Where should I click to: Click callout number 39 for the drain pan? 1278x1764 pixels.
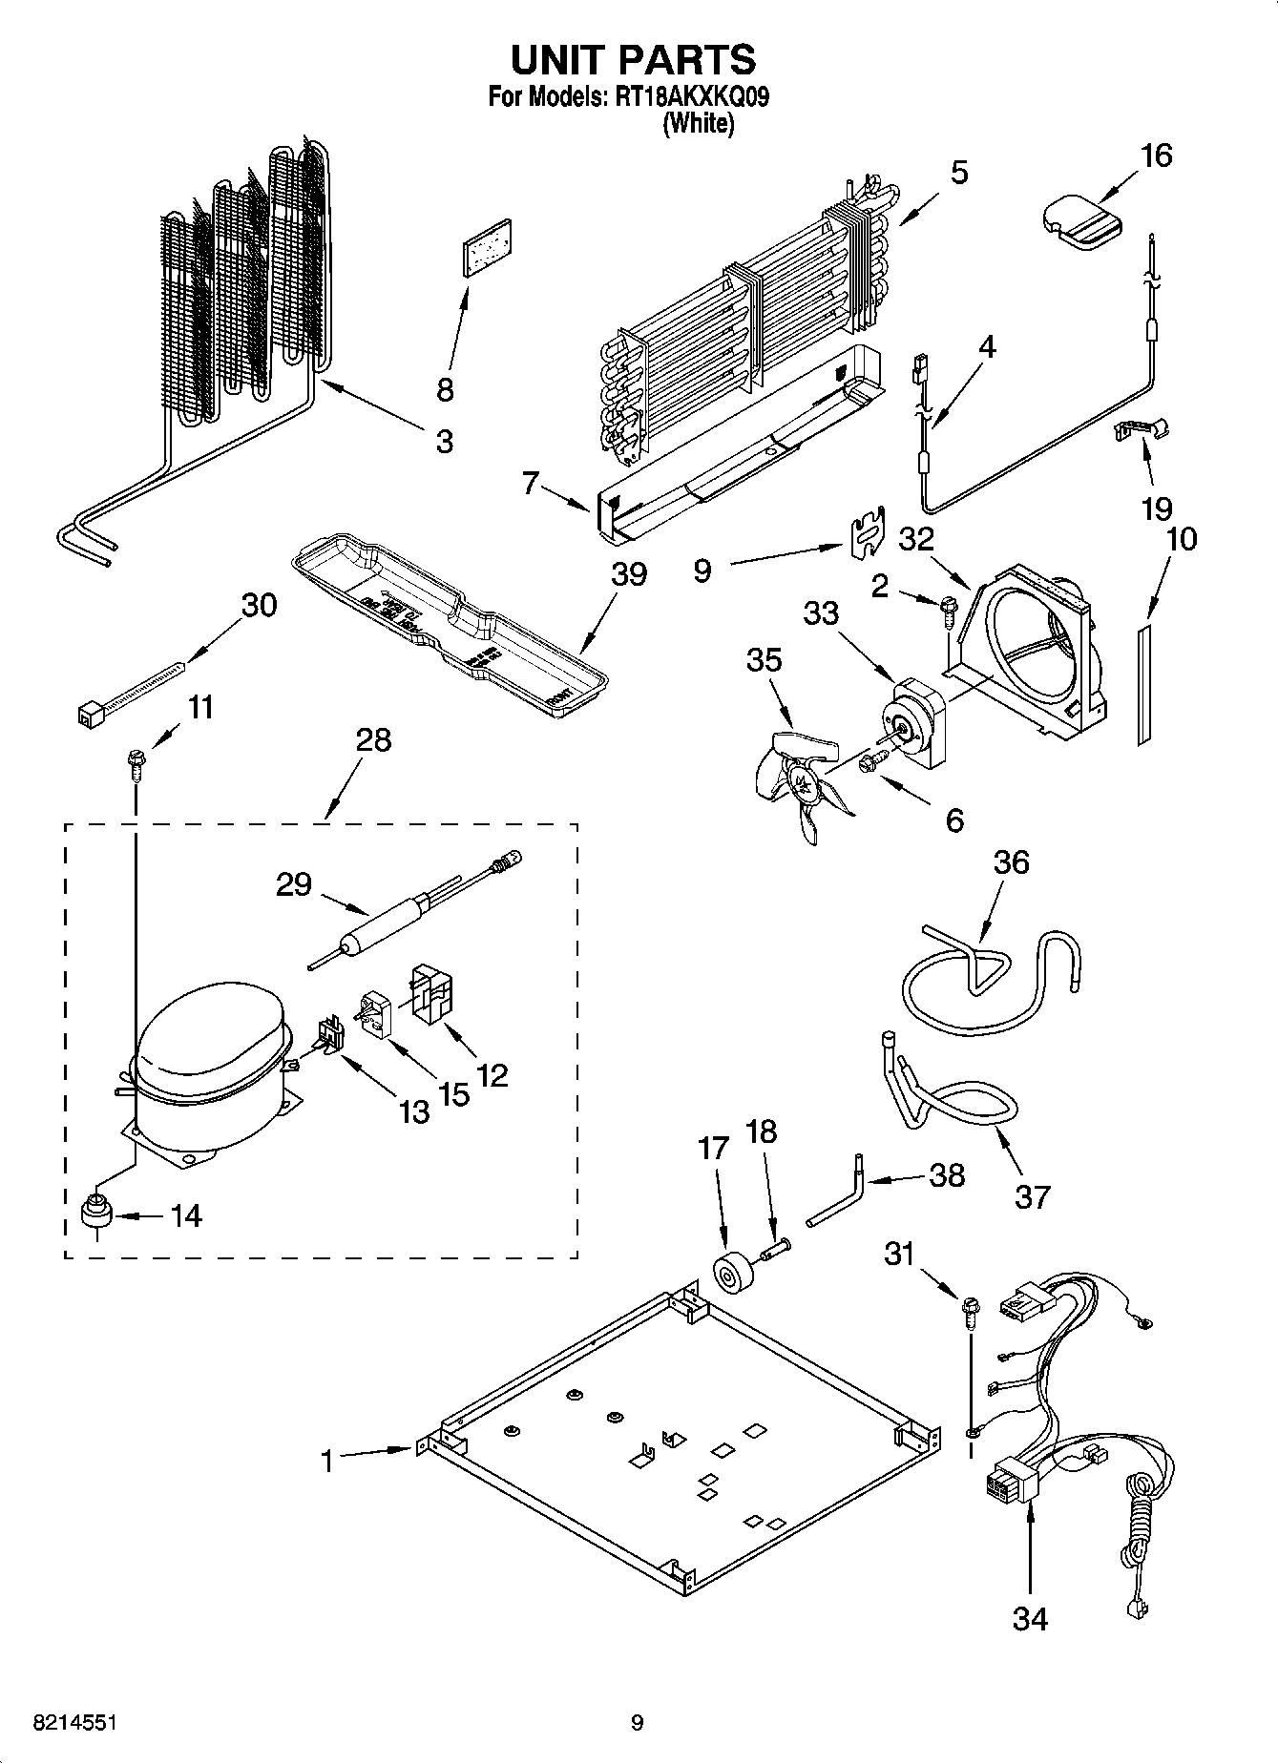tap(629, 574)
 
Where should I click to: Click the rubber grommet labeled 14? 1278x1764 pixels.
tap(95, 1214)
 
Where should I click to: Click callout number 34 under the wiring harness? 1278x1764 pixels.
tap(1030, 1618)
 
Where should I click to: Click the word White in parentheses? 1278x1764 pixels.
tap(699, 124)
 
